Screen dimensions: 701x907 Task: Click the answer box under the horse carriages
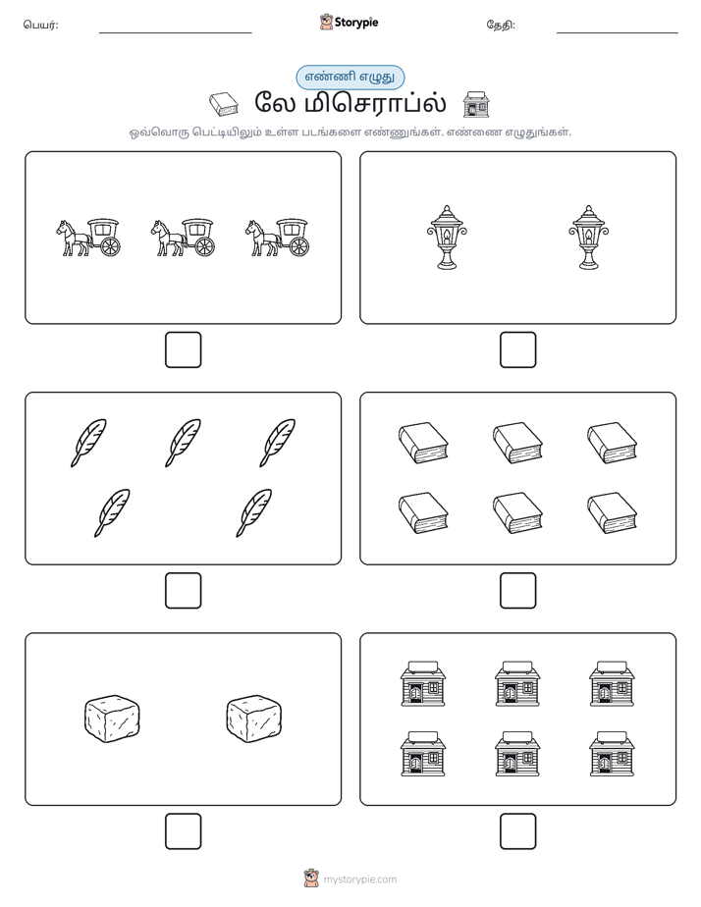pos(183,350)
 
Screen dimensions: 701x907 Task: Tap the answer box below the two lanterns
pos(517,350)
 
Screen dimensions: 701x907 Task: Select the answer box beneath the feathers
pos(183,591)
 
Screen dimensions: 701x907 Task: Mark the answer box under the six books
pos(517,591)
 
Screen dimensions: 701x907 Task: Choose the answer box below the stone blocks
pos(183,831)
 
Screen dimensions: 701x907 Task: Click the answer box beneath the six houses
pos(517,831)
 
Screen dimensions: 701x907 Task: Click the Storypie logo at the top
pos(349,23)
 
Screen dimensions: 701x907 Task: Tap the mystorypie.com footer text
pos(359,880)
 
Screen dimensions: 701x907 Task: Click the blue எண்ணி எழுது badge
pos(350,77)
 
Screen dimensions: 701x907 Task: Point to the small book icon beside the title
pos(224,104)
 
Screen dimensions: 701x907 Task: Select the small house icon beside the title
pos(476,104)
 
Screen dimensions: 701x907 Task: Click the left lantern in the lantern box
pos(447,238)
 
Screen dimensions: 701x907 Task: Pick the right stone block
pos(253,719)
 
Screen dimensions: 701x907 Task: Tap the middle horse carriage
pos(183,238)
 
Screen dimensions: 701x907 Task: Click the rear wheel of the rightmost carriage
pos(299,246)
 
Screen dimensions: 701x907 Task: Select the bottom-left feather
pos(112,512)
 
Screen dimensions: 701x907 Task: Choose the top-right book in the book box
pos(612,443)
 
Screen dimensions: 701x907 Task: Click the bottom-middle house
pos(517,754)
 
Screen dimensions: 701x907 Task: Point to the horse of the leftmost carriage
pos(73,238)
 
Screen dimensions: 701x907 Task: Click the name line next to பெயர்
pos(175,33)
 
